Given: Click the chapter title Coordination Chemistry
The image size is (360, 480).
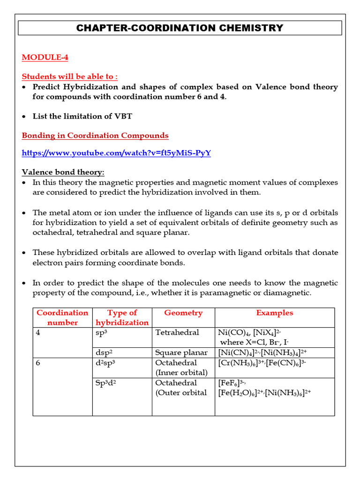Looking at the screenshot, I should click(180, 28).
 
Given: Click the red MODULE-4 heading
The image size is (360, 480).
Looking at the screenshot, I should click(45, 57).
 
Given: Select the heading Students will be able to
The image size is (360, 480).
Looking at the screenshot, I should click(70, 76).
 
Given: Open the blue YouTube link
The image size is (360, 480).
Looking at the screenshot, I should click(116, 153).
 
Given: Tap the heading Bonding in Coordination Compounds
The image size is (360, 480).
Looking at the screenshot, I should click(95, 135).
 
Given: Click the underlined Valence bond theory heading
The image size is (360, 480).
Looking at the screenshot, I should click(63, 172).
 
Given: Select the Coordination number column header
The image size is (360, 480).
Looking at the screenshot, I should click(62, 317).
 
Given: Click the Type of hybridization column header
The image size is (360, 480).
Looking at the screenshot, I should click(122, 317).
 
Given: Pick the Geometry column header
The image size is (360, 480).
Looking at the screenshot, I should click(183, 313).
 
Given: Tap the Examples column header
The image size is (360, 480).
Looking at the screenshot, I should click(274, 313).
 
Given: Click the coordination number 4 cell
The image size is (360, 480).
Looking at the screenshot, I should click(38, 332).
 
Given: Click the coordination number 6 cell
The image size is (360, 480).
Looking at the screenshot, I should click(38, 362).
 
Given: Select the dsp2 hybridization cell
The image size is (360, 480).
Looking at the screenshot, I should click(105, 352).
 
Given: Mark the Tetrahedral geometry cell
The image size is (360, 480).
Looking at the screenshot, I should click(177, 332).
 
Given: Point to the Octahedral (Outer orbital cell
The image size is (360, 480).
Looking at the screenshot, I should click(181, 388).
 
